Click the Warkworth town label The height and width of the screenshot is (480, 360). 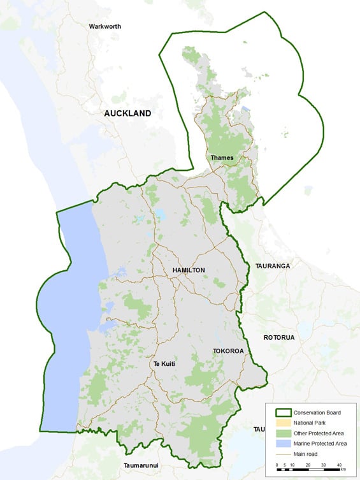pos(105,27)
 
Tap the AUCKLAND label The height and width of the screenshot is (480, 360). pos(128,113)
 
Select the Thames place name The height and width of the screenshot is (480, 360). pos(221,157)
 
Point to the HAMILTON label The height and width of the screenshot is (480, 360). pos(189,270)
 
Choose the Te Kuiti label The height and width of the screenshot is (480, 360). pos(164,364)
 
